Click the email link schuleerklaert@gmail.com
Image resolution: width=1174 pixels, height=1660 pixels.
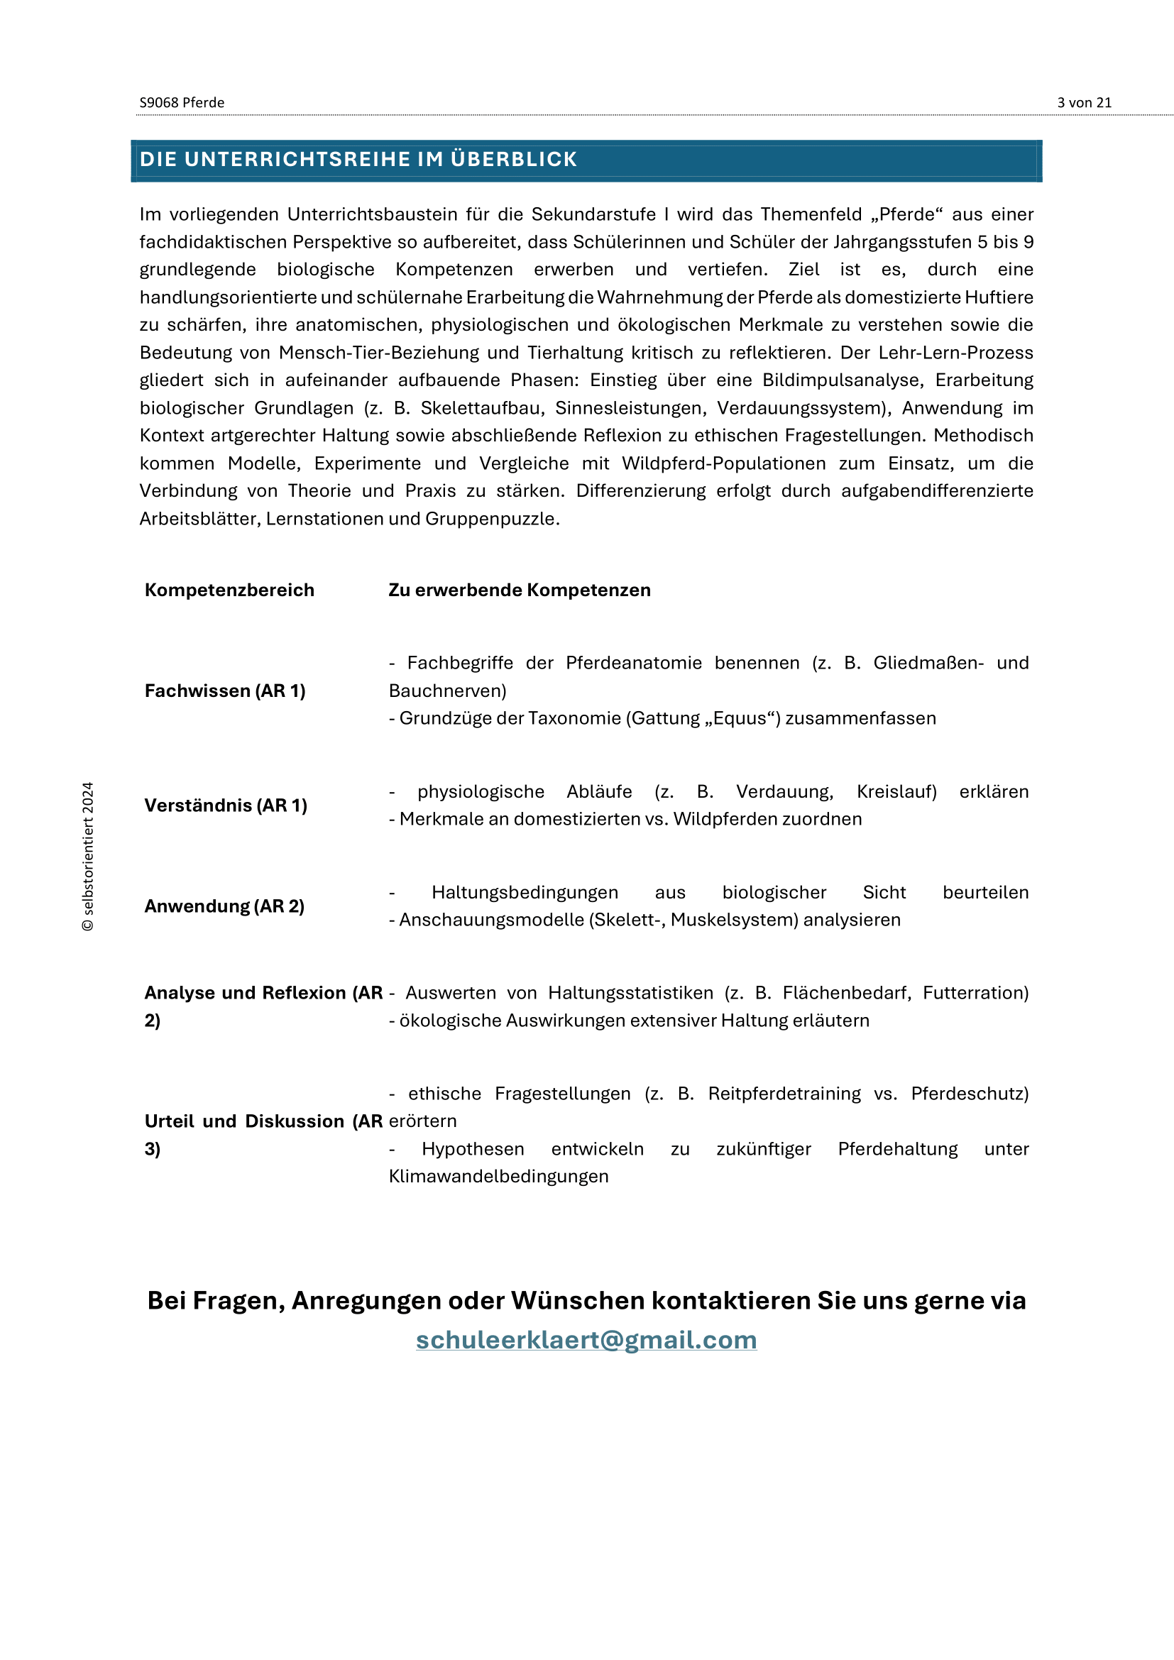[586, 1340]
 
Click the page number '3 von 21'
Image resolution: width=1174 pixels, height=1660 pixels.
[1084, 103]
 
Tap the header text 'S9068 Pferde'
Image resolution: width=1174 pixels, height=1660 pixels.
[182, 103]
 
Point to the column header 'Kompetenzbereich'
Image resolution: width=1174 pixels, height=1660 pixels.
[229, 590]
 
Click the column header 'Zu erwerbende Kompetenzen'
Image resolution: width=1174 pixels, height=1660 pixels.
[519, 590]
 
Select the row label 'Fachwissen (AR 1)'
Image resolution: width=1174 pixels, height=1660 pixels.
[225, 691]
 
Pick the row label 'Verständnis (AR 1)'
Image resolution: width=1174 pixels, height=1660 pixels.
[226, 806]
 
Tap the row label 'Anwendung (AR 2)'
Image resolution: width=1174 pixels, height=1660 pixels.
[224, 906]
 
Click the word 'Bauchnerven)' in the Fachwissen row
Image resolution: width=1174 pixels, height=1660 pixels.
[447, 691]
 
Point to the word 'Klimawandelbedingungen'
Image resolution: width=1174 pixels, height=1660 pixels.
[498, 1176]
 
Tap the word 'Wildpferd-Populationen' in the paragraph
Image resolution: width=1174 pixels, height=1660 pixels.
[723, 463]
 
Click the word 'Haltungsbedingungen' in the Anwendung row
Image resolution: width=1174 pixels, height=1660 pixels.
[525, 892]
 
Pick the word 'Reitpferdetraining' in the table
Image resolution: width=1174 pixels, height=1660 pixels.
[784, 1093]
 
